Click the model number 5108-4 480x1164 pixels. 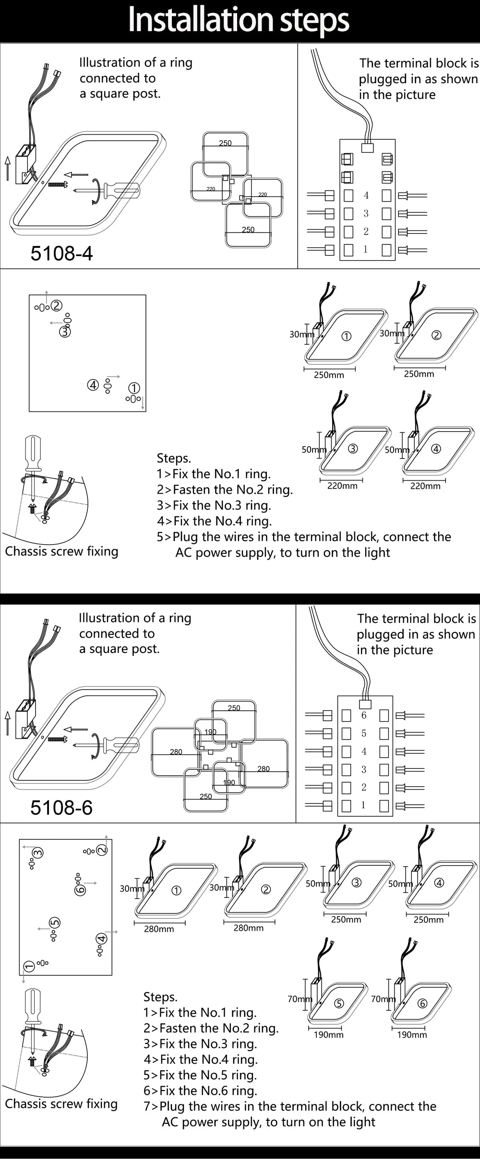tap(61, 253)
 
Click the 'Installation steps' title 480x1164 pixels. tap(239, 20)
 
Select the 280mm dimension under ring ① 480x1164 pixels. tap(159, 929)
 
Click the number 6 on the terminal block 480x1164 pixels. tap(364, 715)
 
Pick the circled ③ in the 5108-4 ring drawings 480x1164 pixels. tap(353, 449)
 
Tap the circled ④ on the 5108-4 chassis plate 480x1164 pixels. tap(93, 385)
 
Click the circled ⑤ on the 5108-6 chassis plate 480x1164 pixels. tap(55, 922)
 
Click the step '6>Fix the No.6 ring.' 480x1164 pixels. tap(200, 1091)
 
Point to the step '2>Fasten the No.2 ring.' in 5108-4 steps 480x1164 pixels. tap(225, 489)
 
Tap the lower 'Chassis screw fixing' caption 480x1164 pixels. tap(61, 1103)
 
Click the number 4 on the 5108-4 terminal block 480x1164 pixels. tap(366, 195)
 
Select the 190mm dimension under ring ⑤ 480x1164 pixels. tap(329, 1035)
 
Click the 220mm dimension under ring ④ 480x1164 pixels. tap(425, 486)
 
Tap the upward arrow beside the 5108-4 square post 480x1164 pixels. tap(8, 168)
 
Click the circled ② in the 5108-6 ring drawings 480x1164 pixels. tap(265, 889)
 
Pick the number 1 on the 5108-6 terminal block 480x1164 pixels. tap(363, 805)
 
